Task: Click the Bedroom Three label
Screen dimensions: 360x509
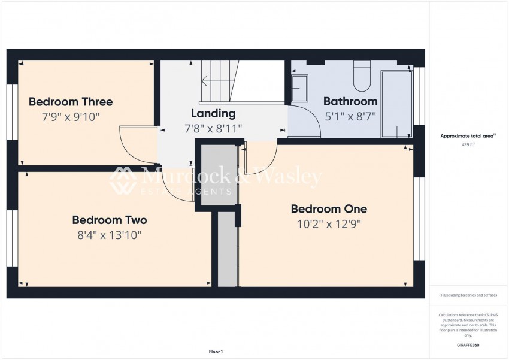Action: [71, 102]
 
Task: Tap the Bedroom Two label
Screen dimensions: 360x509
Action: [109, 220]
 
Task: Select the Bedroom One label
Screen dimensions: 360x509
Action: [329, 209]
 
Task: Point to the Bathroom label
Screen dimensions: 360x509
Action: [350, 101]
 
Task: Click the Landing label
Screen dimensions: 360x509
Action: [213, 113]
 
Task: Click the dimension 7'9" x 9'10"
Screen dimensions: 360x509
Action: [71, 116]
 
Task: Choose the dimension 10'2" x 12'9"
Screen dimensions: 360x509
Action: [329, 224]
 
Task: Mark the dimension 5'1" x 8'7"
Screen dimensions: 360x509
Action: [350, 116]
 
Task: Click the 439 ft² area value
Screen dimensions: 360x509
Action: [468, 145]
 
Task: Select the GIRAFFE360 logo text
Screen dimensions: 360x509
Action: [468, 345]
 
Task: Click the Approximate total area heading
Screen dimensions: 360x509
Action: [468, 137]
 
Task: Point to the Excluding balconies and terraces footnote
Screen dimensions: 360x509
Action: [468, 295]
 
